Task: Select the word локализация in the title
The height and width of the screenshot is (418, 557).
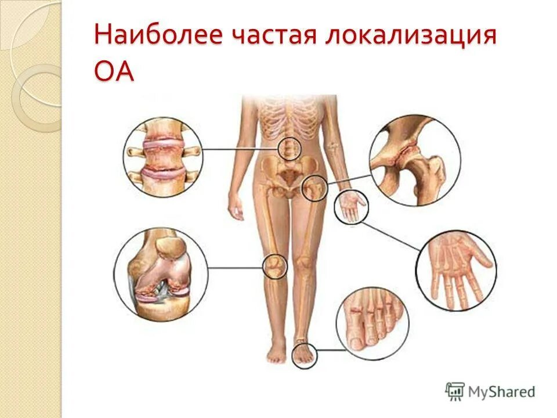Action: (x=411, y=37)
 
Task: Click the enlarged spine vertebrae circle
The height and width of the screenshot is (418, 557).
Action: (x=162, y=156)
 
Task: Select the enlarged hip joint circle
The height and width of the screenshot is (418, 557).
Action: (x=415, y=160)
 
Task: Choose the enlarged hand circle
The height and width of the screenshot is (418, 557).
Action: (x=456, y=270)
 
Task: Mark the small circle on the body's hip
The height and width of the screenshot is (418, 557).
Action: (x=315, y=188)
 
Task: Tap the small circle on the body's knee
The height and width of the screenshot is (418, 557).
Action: (x=274, y=266)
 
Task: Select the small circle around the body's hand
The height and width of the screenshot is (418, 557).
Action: (x=350, y=207)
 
